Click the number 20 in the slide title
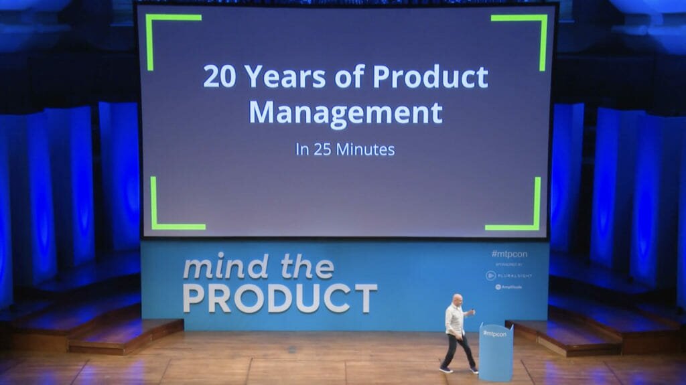coord(219,78)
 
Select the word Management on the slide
coord(346,112)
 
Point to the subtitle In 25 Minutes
coord(345,149)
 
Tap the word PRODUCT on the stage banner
coord(280,297)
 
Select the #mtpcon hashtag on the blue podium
coord(494,333)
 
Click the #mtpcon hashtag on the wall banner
coord(508,254)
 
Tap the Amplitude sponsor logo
coord(508,287)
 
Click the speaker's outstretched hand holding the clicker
coord(472,311)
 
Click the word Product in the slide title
coord(430,78)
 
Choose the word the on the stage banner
coord(306,267)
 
